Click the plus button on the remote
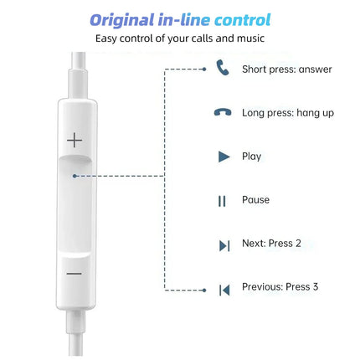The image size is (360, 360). click(x=75, y=140)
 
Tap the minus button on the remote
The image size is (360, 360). click(x=75, y=274)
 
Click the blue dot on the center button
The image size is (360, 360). click(x=75, y=176)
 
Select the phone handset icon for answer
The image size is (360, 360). click(x=223, y=68)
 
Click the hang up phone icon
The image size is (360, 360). click(x=223, y=112)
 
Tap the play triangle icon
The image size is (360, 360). click(x=224, y=157)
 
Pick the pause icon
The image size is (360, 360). click(x=223, y=201)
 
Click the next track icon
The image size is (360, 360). click(x=224, y=245)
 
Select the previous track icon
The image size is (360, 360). click(x=224, y=290)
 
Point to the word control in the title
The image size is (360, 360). click(x=239, y=18)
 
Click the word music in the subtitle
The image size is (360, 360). click(x=248, y=38)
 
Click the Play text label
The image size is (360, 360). click(x=251, y=157)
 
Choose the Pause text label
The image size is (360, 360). click(x=255, y=200)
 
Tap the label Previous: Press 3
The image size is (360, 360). click(x=280, y=287)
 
